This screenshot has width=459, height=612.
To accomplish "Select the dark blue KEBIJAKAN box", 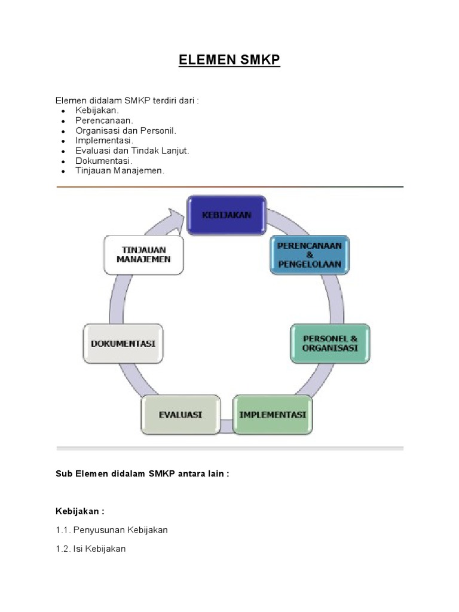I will click(x=227, y=215).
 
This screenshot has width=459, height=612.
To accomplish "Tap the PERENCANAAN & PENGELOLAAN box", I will click(x=310, y=255).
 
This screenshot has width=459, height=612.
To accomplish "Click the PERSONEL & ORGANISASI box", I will click(x=330, y=344).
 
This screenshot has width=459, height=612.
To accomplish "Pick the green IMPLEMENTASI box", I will click(x=273, y=414).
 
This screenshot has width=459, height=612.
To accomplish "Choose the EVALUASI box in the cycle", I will click(x=180, y=414).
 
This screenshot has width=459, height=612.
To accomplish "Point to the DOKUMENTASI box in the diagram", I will click(x=123, y=344).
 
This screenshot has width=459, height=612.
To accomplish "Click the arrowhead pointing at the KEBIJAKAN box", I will click(x=176, y=216).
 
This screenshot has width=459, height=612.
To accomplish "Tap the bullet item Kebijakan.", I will click(x=97, y=111).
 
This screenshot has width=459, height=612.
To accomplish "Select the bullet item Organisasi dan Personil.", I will click(x=126, y=131).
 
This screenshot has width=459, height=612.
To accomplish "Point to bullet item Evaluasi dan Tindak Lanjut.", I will click(x=132, y=151).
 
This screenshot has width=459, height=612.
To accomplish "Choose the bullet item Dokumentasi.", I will click(x=103, y=161).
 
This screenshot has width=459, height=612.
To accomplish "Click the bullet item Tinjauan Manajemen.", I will click(x=120, y=170).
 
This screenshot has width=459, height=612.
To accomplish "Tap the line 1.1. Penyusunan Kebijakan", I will click(x=112, y=530).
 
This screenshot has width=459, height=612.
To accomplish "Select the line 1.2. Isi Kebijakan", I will click(x=90, y=549).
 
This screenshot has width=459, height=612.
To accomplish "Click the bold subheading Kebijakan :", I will click(x=80, y=511).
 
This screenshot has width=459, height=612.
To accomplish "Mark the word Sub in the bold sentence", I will click(x=63, y=473).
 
